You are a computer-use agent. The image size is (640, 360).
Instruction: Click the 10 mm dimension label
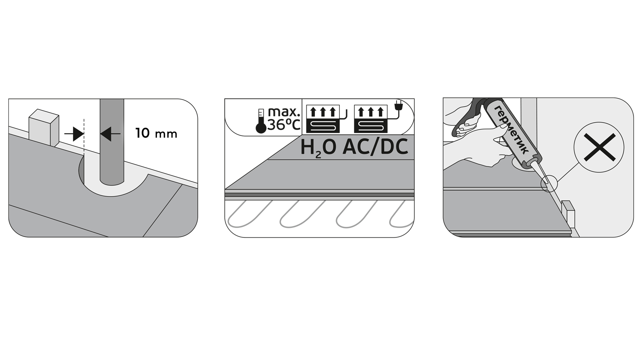(156, 133)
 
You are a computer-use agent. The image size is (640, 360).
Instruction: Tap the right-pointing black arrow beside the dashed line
(74, 134)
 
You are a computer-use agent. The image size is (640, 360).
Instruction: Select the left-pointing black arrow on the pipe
(110, 134)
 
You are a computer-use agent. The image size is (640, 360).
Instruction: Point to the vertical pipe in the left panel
(112, 142)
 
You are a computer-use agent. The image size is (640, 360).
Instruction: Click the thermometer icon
(261, 121)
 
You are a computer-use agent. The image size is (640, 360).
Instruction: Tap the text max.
(284, 112)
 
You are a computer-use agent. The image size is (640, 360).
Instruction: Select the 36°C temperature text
(284, 125)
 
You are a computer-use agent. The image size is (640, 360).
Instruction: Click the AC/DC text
(375, 147)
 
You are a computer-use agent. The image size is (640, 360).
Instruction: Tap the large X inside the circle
(599, 147)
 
